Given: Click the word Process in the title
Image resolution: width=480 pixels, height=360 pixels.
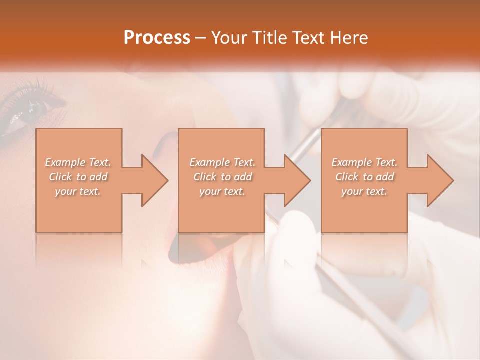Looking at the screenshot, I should (x=157, y=38).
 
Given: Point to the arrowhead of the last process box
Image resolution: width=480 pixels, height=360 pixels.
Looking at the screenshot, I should (x=439, y=180).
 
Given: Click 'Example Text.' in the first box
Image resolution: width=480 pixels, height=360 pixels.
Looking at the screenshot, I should (x=78, y=162).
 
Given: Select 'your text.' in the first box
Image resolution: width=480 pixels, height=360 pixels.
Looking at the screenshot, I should (x=78, y=191).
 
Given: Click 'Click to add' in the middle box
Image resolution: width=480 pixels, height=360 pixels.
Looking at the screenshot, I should (x=222, y=177).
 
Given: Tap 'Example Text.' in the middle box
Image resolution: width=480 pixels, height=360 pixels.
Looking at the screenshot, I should (x=222, y=162).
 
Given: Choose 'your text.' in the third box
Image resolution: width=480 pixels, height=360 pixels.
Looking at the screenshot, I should (x=364, y=191).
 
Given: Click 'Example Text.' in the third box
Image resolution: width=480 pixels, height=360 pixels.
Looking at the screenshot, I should (x=364, y=162).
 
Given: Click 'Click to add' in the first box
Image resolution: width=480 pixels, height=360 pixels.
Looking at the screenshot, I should (x=78, y=177).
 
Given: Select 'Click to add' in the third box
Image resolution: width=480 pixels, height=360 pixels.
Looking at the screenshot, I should (x=364, y=177).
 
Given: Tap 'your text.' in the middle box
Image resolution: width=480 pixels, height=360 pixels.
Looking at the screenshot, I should (x=222, y=191).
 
